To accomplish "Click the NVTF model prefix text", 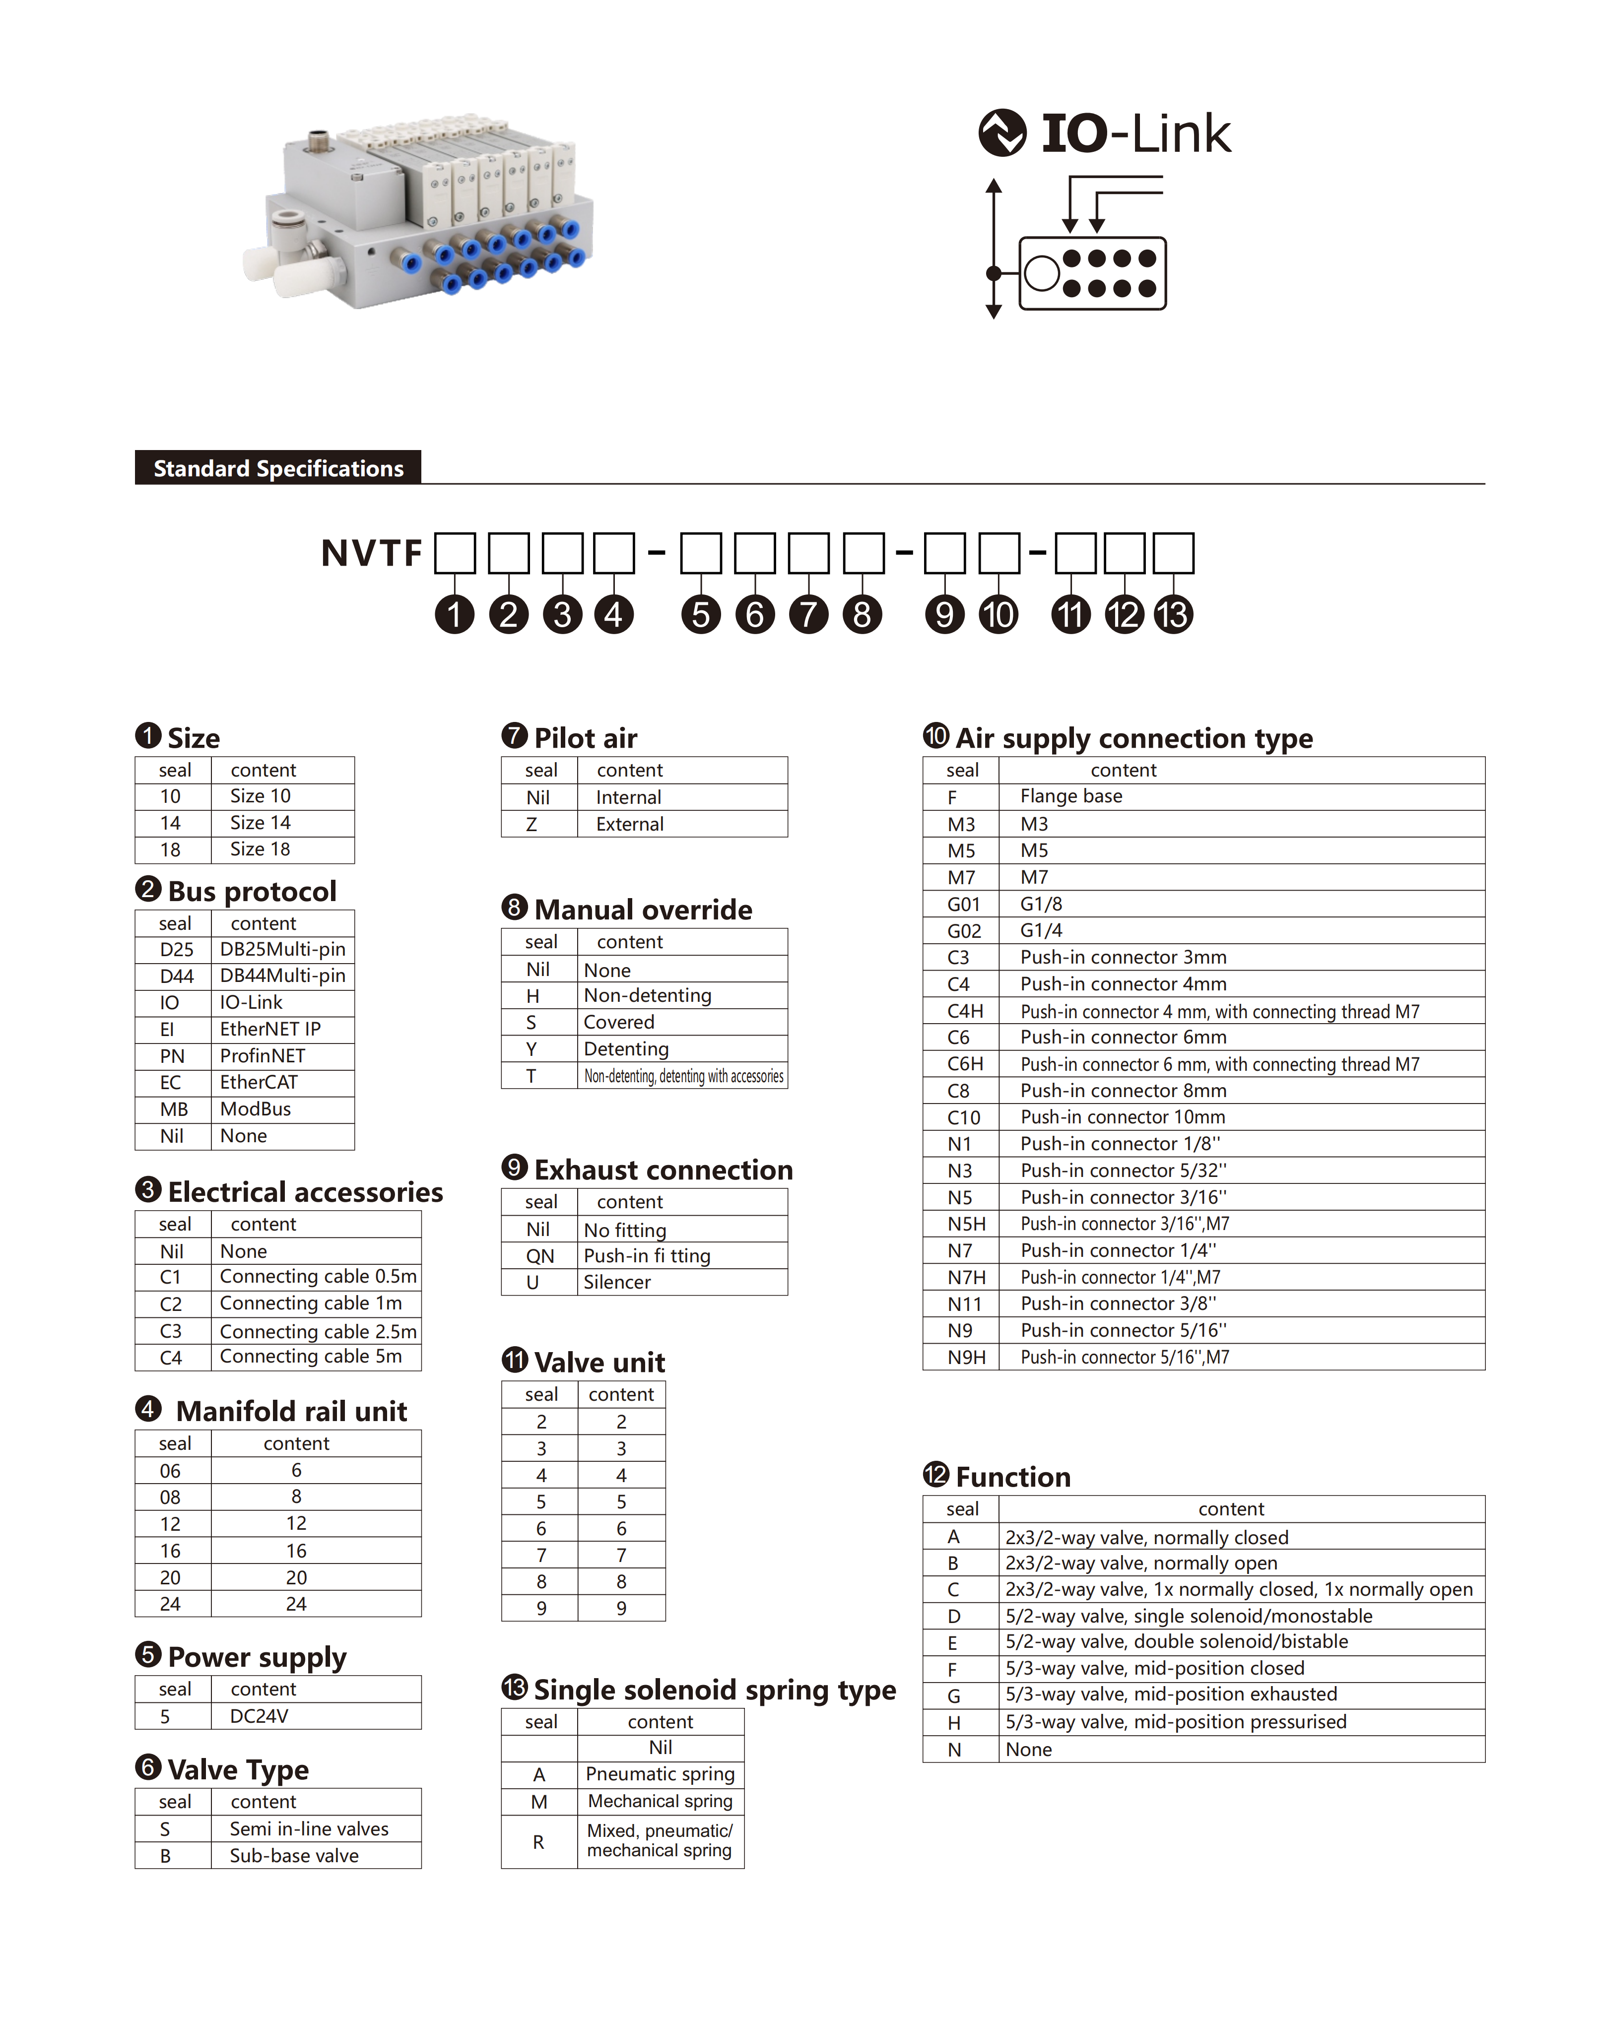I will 371,553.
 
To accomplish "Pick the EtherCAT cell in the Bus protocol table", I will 259,1083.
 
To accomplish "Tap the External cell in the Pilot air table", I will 630,824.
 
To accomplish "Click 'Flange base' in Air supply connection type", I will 1070,796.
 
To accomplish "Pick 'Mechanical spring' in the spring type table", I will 660,1801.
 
